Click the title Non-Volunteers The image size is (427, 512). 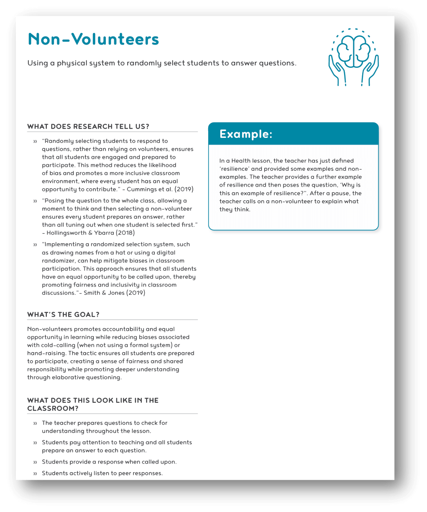[x=93, y=39]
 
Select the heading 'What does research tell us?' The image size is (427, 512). [x=88, y=127]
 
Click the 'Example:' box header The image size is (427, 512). [x=246, y=134]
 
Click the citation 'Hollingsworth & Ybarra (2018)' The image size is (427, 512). [x=91, y=233]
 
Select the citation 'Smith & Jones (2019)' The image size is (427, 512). [x=114, y=293]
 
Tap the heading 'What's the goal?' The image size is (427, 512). [x=63, y=314]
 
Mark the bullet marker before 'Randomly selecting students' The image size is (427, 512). [x=35, y=141]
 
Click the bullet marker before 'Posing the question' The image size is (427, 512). [x=35, y=201]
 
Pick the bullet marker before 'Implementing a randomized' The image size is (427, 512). [x=35, y=245]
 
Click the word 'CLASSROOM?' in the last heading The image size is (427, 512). [x=53, y=409]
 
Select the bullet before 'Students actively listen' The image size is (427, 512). [x=35, y=474]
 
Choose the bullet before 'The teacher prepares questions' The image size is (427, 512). [x=35, y=423]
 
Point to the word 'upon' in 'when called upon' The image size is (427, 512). [x=168, y=462]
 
